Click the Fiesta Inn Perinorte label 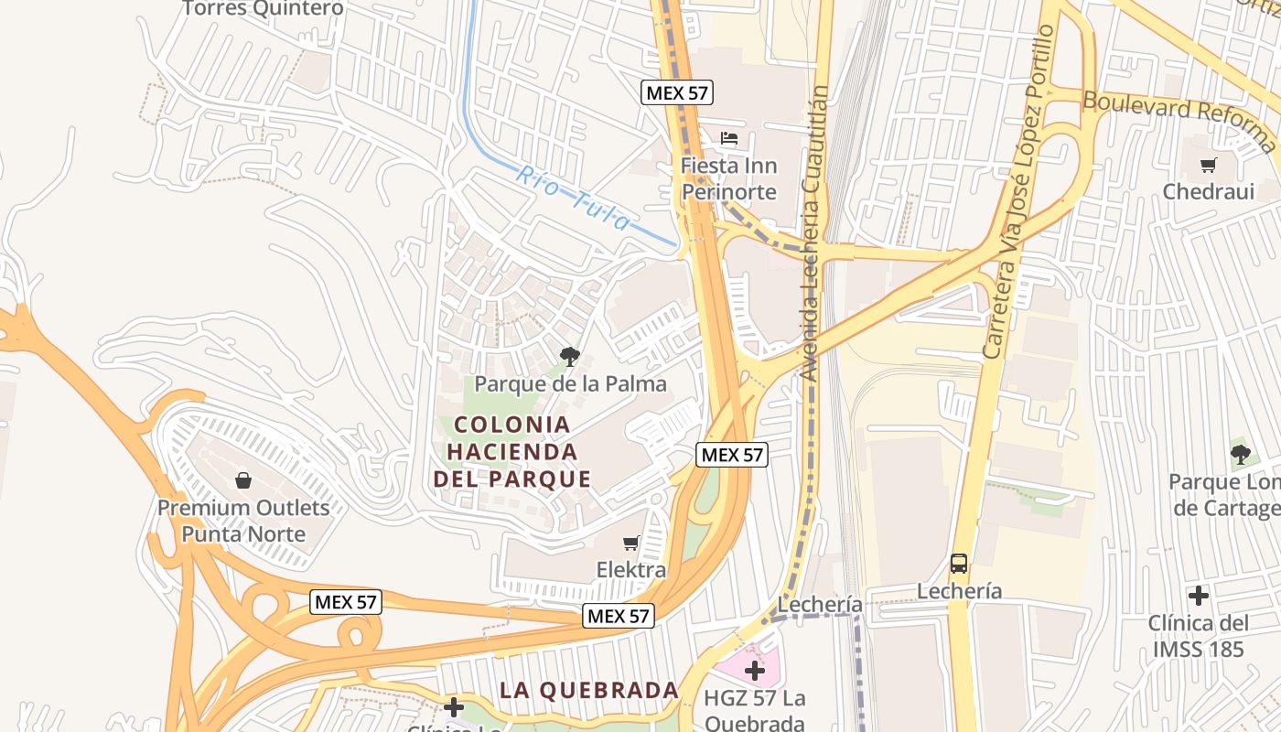click(728, 179)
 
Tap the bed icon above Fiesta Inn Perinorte click(729, 139)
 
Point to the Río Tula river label click(573, 198)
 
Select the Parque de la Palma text click(570, 383)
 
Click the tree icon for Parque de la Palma click(570, 356)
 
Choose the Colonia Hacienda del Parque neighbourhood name click(512, 451)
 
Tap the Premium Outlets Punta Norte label click(243, 521)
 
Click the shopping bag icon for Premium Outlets click(243, 480)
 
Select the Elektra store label click(631, 570)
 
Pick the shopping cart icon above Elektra click(630, 544)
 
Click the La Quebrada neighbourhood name click(589, 690)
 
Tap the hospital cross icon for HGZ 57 click(755, 672)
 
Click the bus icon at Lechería click(959, 564)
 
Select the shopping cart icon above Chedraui click(1209, 166)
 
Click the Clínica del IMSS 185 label click(1198, 636)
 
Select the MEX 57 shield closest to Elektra click(619, 616)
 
